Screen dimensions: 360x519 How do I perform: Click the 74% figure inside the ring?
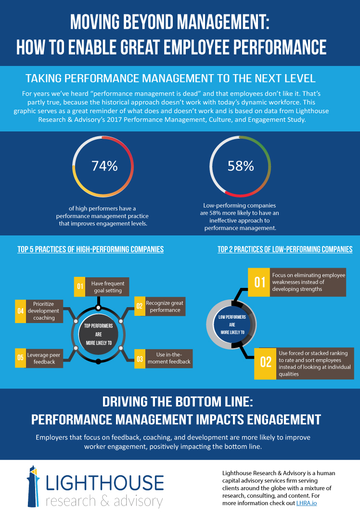104,166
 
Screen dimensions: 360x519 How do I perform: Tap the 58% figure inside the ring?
241,166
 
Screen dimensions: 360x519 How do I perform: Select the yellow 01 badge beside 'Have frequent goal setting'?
80,286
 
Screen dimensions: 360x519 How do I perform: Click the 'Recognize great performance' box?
165,307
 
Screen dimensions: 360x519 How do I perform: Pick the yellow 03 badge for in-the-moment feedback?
140,359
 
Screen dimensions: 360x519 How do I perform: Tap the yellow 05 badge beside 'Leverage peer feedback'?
20,358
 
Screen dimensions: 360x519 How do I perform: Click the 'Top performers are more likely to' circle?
98,334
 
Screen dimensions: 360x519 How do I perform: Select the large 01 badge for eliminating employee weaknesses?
259,282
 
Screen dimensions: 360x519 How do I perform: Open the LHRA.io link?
307,503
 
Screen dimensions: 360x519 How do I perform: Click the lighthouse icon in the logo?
33,486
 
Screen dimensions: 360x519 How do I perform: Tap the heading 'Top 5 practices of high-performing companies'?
90,249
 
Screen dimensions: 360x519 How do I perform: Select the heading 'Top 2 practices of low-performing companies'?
285,249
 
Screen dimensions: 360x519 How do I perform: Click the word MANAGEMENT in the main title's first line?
221,23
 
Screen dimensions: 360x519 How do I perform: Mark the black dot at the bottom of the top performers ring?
98,361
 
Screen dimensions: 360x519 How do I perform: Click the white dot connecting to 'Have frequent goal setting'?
98,308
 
